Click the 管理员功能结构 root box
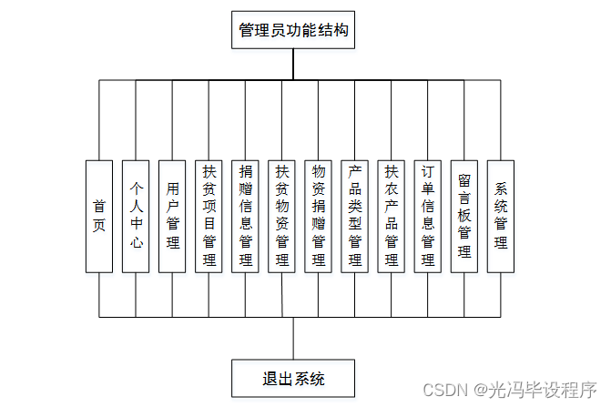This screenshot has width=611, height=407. click(x=293, y=30)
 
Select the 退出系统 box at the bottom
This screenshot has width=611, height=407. click(x=293, y=378)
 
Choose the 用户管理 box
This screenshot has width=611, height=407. click(x=172, y=217)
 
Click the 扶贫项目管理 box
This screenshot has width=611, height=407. click(x=209, y=217)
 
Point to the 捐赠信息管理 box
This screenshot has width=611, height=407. click(x=245, y=217)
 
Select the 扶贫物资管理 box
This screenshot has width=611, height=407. click(x=281, y=217)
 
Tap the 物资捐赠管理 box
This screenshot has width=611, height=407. click(x=318, y=217)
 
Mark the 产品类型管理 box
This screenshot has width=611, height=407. click(x=354, y=217)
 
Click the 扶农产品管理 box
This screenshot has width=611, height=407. click(x=392, y=217)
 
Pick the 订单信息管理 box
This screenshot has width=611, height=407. click(x=428, y=217)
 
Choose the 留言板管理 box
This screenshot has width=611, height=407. click(x=464, y=217)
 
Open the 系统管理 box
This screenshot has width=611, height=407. click(x=501, y=217)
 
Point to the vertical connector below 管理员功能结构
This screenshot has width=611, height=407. click(x=293, y=64)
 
